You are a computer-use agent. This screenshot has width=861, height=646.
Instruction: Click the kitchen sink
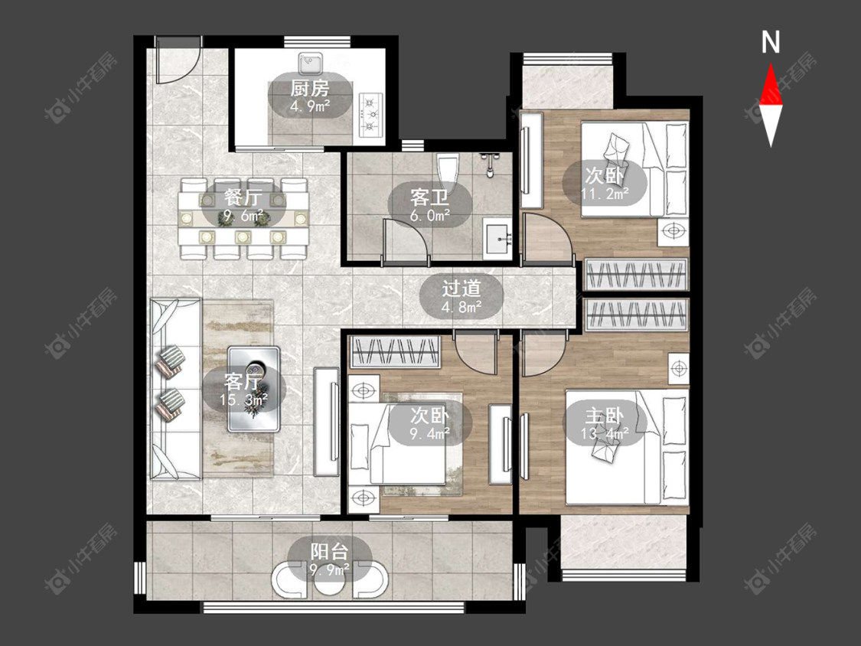311,64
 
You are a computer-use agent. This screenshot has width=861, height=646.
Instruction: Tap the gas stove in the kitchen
370,114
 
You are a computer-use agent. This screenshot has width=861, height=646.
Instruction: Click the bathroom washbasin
498,238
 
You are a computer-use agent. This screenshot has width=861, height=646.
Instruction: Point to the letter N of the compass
771,42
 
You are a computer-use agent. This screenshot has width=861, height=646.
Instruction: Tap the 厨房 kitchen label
310,88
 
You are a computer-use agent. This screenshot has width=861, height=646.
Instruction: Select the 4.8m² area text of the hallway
461,307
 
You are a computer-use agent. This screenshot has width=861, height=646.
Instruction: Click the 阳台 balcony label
329,552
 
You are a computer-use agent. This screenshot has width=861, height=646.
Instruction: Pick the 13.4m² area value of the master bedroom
605,435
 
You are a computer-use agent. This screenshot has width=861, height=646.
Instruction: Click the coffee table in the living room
253,388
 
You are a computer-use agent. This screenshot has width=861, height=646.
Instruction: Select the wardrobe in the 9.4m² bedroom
396,351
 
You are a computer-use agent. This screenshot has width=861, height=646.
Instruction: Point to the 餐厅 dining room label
243,197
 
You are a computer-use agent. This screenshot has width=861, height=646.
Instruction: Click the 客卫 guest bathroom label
429,197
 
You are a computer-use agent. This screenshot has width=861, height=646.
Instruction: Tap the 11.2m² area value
605,193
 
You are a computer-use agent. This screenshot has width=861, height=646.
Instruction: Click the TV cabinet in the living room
327,421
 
